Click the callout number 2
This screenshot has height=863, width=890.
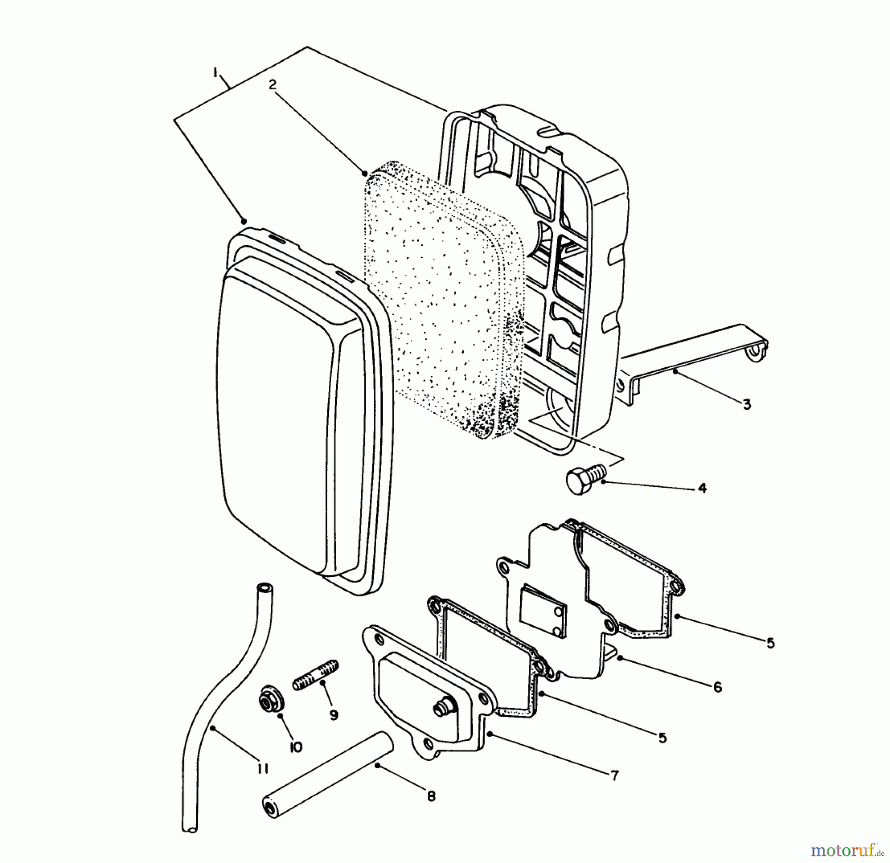coord(272,84)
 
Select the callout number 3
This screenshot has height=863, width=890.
coord(747,404)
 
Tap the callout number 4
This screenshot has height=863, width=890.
coord(702,488)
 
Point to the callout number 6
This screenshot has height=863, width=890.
coord(718,687)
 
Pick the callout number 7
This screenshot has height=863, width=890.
coord(615,775)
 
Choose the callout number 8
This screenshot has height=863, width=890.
coord(431,796)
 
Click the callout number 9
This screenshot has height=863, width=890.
coord(334,715)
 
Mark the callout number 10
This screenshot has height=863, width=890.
coord(295,747)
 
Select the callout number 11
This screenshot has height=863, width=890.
coord(263,768)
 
